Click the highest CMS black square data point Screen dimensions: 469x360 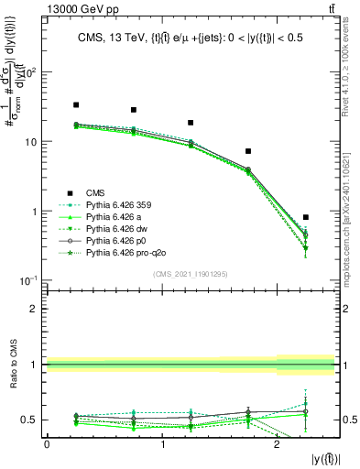(x=76, y=105)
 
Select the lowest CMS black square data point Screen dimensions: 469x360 (x=305, y=217)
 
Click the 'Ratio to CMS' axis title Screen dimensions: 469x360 (x=15, y=365)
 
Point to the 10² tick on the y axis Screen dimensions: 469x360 (x=33, y=72)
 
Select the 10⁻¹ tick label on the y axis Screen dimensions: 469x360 (x=33, y=280)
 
